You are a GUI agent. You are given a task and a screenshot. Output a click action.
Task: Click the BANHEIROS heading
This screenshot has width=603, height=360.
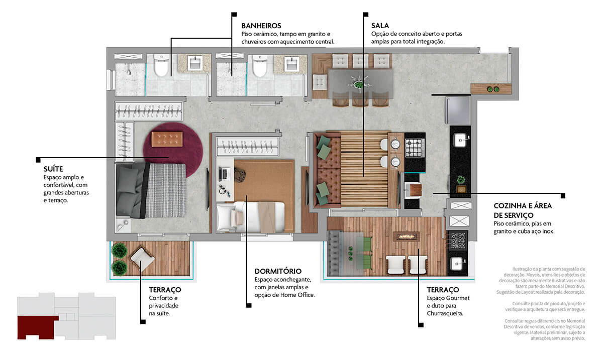[x=261, y=26]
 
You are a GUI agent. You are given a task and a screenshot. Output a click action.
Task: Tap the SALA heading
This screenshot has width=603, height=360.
[x=380, y=26]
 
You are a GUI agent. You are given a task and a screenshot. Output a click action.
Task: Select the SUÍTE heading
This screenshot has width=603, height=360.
[x=53, y=169]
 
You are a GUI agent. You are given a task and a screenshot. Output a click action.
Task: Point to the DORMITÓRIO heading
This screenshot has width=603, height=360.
[x=278, y=271]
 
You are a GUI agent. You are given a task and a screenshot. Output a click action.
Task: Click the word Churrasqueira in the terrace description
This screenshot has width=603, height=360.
[x=445, y=313]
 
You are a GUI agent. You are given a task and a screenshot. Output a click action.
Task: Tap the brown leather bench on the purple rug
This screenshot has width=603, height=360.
[x=167, y=139]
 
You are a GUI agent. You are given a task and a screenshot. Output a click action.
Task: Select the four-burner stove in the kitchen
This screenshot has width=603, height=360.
[x=415, y=148]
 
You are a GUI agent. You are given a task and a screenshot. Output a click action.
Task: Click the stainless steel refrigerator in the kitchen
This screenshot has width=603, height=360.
[x=458, y=110]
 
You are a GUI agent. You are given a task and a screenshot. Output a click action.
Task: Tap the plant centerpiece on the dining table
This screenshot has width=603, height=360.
[x=359, y=84]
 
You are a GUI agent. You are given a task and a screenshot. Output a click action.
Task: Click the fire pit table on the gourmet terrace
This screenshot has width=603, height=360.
[x=407, y=236]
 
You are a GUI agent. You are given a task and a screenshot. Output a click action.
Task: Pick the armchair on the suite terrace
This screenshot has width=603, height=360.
[x=142, y=259]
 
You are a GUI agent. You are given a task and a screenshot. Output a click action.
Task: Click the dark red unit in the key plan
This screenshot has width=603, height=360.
[x=38, y=327]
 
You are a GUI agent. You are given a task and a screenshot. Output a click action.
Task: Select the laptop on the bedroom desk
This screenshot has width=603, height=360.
[x=224, y=174]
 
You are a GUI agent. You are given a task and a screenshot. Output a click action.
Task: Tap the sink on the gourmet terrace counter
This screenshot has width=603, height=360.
[x=457, y=264]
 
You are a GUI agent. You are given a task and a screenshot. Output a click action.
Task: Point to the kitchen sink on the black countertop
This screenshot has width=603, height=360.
[x=460, y=140]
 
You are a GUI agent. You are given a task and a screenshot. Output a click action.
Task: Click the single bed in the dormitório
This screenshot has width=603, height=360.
[x=250, y=217]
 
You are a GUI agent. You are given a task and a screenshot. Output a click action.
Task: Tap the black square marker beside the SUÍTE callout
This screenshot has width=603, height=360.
[x=38, y=160]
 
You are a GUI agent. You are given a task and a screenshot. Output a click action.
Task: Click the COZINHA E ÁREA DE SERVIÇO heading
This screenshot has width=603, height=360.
[x=523, y=210]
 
